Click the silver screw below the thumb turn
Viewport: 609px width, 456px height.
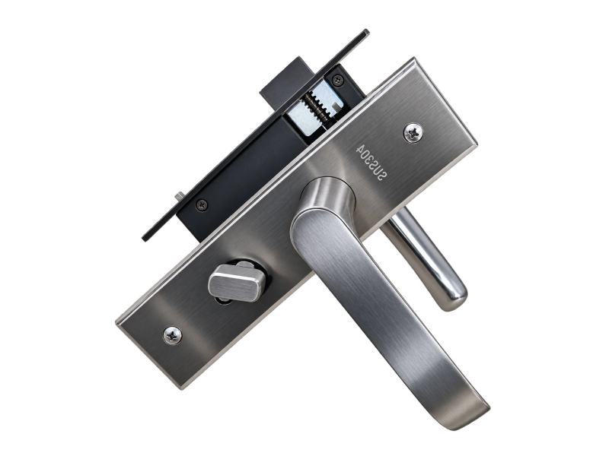(172, 334)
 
